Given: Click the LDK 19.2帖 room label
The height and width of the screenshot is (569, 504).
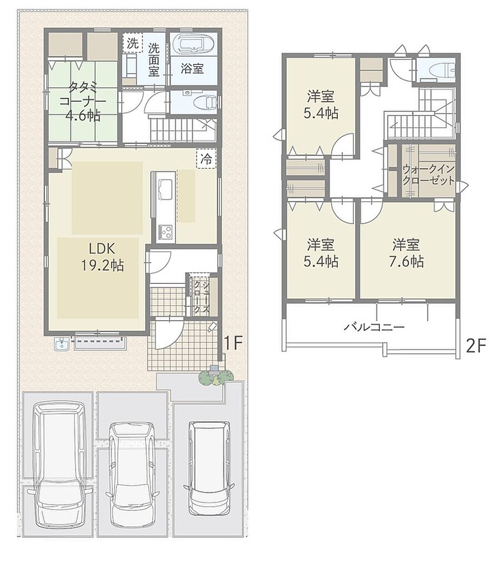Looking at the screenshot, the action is [x=102, y=257].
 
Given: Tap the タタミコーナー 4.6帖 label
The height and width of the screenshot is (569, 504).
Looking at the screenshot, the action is [x=83, y=101].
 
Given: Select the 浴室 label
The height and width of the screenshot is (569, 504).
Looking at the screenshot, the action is [x=192, y=68].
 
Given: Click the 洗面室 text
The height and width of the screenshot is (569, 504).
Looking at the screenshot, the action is [x=154, y=59].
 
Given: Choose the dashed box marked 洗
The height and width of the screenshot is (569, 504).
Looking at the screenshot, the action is [x=132, y=43].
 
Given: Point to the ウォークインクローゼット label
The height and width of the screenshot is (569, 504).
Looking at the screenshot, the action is [x=428, y=174].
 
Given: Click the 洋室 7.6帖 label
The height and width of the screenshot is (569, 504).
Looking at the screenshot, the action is [x=406, y=253].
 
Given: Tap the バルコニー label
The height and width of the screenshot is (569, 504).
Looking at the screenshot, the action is [x=373, y=327].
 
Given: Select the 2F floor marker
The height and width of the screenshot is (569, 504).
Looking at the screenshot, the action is [x=476, y=346].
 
